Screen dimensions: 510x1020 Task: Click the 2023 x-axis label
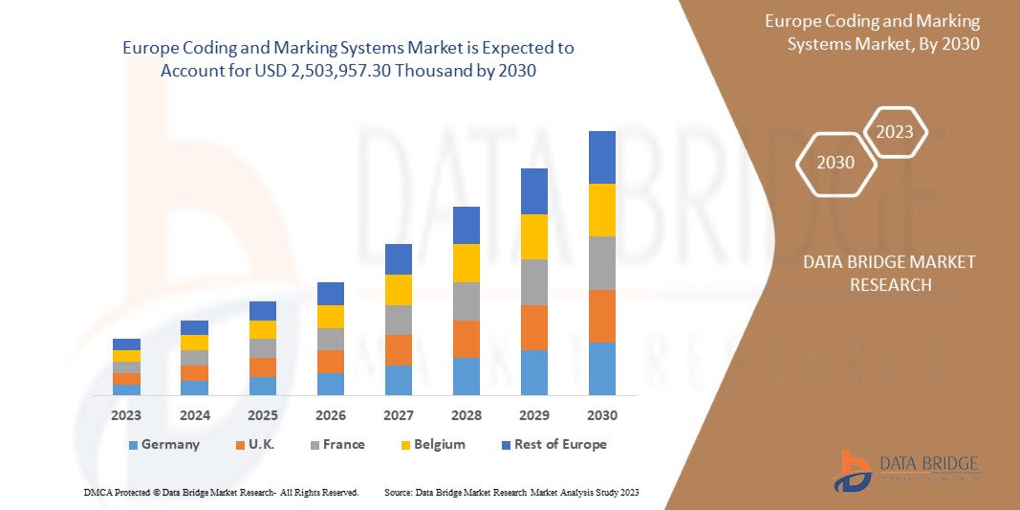pyautogui.click(x=126, y=415)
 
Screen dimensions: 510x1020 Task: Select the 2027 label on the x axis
pyautogui.click(x=399, y=415)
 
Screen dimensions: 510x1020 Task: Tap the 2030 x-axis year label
pyautogui.click(x=602, y=415)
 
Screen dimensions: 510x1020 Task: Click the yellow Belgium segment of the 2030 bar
pyautogui.click(x=602, y=210)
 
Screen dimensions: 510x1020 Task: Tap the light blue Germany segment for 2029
pyautogui.click(x=534, y=372)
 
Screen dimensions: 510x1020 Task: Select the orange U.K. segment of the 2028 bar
pyautogui.click(x=467, y=339)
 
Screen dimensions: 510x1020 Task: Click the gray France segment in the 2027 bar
pyautogui.click(x=399, y=320)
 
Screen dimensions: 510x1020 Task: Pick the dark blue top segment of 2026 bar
pyautogui.click(x=331, y=293)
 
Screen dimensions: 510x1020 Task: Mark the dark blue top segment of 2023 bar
pyautogui.click(x=126, y=344)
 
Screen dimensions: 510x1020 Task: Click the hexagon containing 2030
pyautogui.click(x=836, y=163)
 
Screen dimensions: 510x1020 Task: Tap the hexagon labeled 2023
pyautogui.click(x=896, y=132)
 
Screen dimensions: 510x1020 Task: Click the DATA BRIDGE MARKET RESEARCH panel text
pyautogui.click(x=875, y=273)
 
